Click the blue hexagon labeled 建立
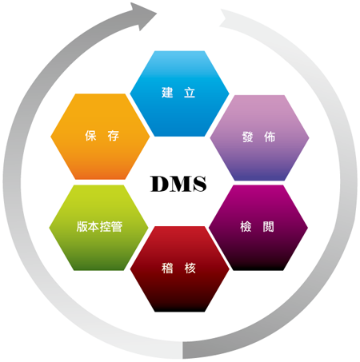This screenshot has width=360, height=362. [x=179, y=93]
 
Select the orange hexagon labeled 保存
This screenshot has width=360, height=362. [x=100, y=137]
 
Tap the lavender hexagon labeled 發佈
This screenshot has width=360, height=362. [x=259, y=137]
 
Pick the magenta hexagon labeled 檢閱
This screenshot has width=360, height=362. [x=258, y=228]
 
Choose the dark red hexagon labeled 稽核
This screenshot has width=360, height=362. [x=179, y=269]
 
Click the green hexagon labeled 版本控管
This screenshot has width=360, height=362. [x=98, y=228]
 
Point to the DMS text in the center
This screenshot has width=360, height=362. [x=178, y=184]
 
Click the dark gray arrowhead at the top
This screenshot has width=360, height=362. [x=143, y=15]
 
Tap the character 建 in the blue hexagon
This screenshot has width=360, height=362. [x=167, y=93]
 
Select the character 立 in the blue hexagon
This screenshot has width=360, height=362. [x=190, y=93]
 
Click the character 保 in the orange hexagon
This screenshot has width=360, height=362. [x=90, y=136]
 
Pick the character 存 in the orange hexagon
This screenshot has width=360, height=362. [x=114, y=136]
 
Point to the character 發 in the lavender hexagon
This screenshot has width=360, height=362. [x=248, y=137]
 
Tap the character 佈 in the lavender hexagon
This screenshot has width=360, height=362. [x=270, y=137]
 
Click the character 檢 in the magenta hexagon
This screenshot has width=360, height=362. [x=246, y=227]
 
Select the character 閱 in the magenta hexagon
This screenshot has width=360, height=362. [x=268, y=227]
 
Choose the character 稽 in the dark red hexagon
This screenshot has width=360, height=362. [x=167, y=268]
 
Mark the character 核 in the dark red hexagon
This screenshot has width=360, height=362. [x=190, y=268]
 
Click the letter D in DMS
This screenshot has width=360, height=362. [x=160, y=184]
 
